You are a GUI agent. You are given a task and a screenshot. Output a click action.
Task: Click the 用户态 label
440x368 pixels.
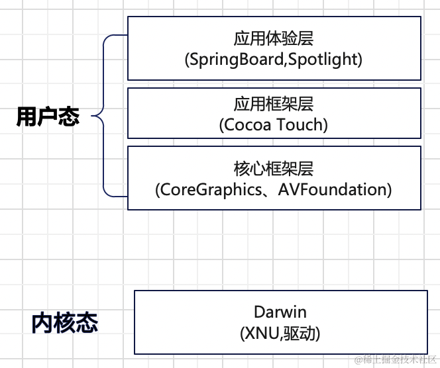48,117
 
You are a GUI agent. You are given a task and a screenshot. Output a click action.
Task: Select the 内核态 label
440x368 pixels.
64,323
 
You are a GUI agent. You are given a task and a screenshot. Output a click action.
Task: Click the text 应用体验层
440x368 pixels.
274,38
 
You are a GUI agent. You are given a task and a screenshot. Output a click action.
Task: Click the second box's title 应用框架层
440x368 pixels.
274,104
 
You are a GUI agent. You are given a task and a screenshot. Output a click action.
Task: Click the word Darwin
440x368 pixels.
280,312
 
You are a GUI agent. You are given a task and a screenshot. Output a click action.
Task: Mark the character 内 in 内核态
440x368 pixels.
42,323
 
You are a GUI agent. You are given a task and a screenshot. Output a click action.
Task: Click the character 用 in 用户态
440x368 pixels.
27,117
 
